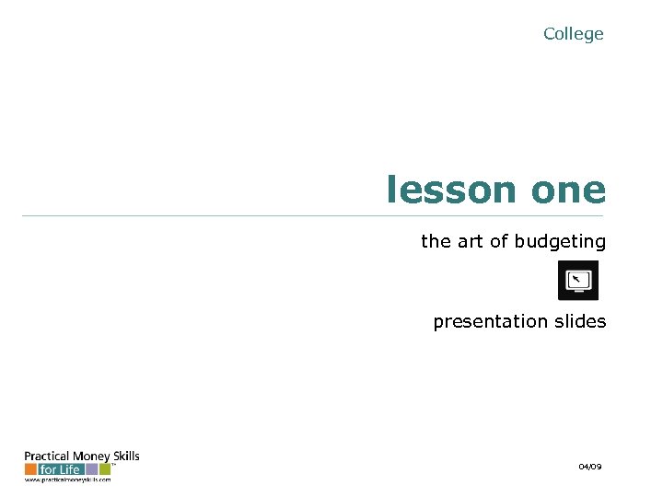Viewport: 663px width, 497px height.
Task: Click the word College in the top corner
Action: point(573,34)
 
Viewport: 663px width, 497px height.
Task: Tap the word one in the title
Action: point(568,191)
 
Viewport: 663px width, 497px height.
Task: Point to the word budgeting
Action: point(560,242)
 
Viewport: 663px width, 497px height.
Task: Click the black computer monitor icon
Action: point(578,280)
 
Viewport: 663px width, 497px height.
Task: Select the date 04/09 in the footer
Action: point(590,468)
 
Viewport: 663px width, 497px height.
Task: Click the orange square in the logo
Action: point(30,469)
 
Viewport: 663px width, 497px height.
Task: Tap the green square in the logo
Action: point(105,469)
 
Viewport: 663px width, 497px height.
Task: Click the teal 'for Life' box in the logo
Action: point(61,469)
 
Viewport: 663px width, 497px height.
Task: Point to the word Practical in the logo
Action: point(42,457)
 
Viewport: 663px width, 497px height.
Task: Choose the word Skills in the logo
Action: point(124,457)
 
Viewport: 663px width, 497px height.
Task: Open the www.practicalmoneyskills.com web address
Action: point(67,480)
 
